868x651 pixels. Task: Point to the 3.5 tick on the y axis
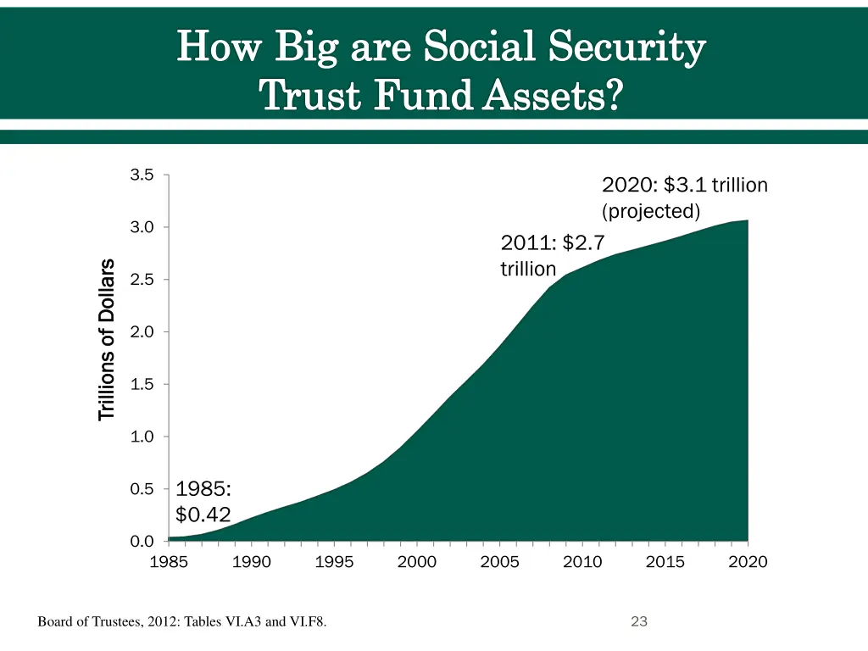click(x=142, y=175)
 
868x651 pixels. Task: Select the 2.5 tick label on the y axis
click(x=142, y=280)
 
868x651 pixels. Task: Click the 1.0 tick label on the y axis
click(x=142, y=437)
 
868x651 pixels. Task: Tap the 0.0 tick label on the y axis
click(x=142, y=541)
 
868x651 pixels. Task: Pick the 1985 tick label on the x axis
click(x=169, y=562)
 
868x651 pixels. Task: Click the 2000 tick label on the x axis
click(x=417, y=562)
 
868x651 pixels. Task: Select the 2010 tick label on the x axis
click(x=582, y=562)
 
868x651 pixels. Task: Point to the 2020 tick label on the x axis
click(x=748, y=562)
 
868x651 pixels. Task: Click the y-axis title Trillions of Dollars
click(x=106, y=339)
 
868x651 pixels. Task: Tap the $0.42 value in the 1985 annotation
click(x=203, y=514)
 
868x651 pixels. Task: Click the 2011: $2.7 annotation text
click(x=553, y=243)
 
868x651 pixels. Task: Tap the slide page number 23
click(x=639, y=622)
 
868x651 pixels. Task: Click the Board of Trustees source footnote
click(x=182, y=623)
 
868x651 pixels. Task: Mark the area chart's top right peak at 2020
click(x=747, y=220)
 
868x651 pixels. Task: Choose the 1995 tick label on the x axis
click(x=334, y=562)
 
